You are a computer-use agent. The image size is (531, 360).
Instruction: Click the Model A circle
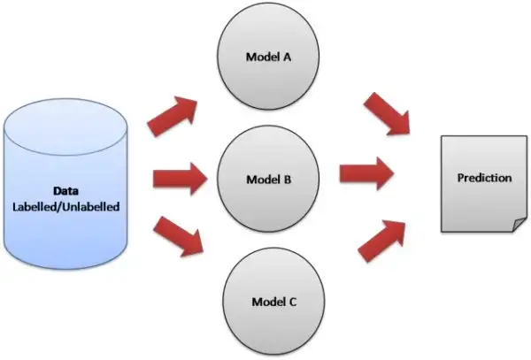coord(268,56)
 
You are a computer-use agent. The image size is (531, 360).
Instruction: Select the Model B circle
coord(268,179)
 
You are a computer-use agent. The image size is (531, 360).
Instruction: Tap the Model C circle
coord(273,301)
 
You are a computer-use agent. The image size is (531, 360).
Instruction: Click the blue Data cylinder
coord(65,184)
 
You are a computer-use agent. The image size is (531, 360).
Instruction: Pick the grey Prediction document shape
coord(484,184)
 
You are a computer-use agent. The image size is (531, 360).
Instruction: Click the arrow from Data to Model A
coord(173,116)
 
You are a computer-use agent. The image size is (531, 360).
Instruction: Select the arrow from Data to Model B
coord(181,179)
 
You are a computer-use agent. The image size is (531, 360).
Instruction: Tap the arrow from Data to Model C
coord(179,236)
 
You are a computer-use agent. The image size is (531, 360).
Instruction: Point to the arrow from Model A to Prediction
coord(387,114)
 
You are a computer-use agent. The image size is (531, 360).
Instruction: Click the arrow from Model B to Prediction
coord(366,173)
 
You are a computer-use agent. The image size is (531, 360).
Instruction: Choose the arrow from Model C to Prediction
coord(382,241)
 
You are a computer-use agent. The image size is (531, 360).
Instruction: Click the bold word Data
coord(66,191)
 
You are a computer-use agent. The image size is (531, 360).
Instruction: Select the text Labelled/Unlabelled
coord(66,207)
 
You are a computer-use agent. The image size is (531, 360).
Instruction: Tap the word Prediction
coord(484,178)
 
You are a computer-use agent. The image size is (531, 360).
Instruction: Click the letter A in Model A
coord(287,57)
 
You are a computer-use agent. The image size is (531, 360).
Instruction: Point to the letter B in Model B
coord(287,180)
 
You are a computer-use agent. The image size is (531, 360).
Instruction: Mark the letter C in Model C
coord(293,302)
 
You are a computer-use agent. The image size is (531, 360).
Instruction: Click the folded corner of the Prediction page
coord(519,226)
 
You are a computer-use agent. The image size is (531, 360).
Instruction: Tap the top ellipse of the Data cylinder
coord(65,127)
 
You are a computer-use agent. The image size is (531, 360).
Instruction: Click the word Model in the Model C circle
coord(268,302)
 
